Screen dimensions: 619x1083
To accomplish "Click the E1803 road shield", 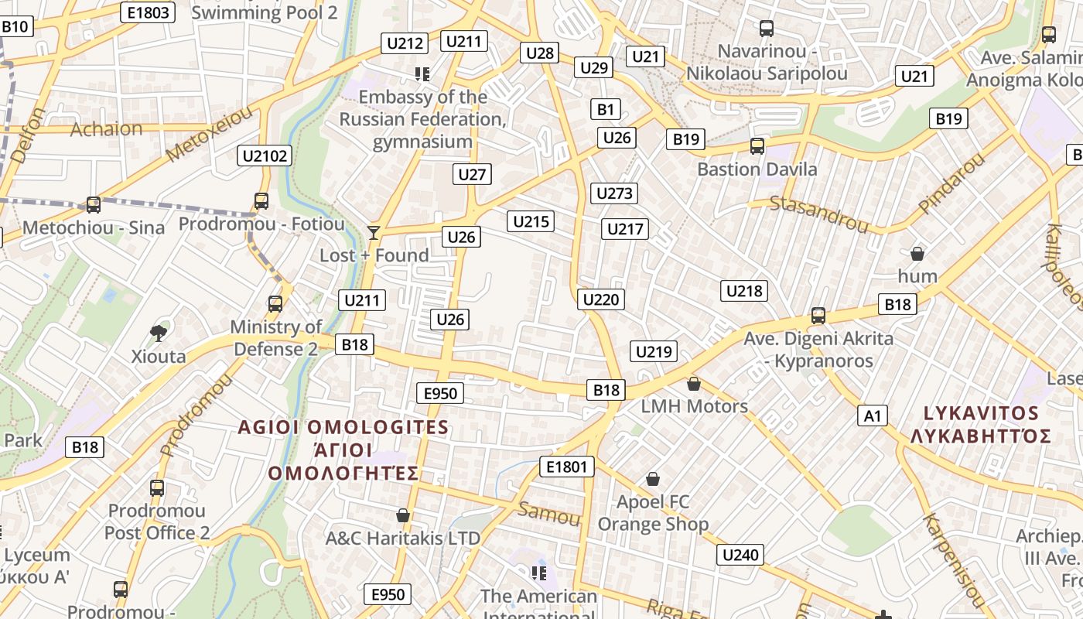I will pos(149,12).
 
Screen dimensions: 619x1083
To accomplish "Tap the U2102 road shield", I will pos(265,156).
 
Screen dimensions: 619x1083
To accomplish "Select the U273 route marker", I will pos(615,193).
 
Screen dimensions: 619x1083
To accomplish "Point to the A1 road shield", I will pos(873,416).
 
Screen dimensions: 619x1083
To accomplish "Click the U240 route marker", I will pos(742,555).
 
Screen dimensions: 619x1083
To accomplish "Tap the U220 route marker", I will pos(601,299).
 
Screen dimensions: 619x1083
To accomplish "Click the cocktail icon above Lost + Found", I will pos(374,232).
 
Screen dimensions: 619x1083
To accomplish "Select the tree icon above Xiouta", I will pos(158,333).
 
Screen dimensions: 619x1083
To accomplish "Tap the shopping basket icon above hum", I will pos(917,253).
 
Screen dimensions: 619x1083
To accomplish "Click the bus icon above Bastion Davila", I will pos(757,145).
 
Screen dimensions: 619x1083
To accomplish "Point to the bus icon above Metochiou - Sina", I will pos(93,204).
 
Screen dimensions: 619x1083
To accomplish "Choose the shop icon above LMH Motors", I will pos(694,384).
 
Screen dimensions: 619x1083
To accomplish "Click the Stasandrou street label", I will pos(819,214).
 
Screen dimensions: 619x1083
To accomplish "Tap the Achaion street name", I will pos(107,129).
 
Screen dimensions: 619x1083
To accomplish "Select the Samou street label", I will pos(549,514).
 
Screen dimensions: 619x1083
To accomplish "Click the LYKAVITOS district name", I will pos(981,412).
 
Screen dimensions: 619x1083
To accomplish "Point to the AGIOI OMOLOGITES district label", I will pos(343,427).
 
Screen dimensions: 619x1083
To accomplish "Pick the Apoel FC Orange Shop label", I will pos(654,513).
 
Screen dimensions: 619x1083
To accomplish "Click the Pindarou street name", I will pos(951,183).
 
